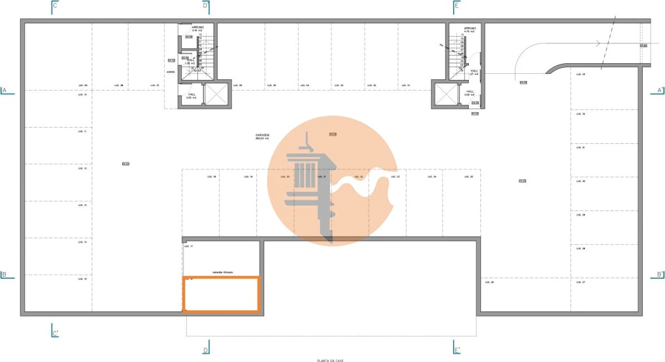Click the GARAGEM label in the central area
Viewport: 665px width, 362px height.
click(262, 135)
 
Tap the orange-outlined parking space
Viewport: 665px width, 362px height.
click(221, 294)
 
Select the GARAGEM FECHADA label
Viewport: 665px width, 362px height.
click(223, 273)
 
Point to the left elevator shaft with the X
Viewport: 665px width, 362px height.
click(217, 94)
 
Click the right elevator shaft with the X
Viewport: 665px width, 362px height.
click(445, 94)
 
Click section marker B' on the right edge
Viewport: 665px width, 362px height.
click(659, 275)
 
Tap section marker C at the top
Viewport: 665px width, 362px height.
click(55, 6)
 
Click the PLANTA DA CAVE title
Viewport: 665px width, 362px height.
click(330, 360)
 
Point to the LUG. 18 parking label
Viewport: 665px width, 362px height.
click(211, 177)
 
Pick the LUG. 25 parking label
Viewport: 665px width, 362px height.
click(468, 177)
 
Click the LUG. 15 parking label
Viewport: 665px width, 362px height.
click(83, 279)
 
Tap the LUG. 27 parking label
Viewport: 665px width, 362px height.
click(580, 282)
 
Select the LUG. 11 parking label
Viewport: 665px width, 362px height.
click(83, 131)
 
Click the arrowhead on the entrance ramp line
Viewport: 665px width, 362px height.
click(598, 44)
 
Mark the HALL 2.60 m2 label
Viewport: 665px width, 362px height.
click(192, 96)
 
